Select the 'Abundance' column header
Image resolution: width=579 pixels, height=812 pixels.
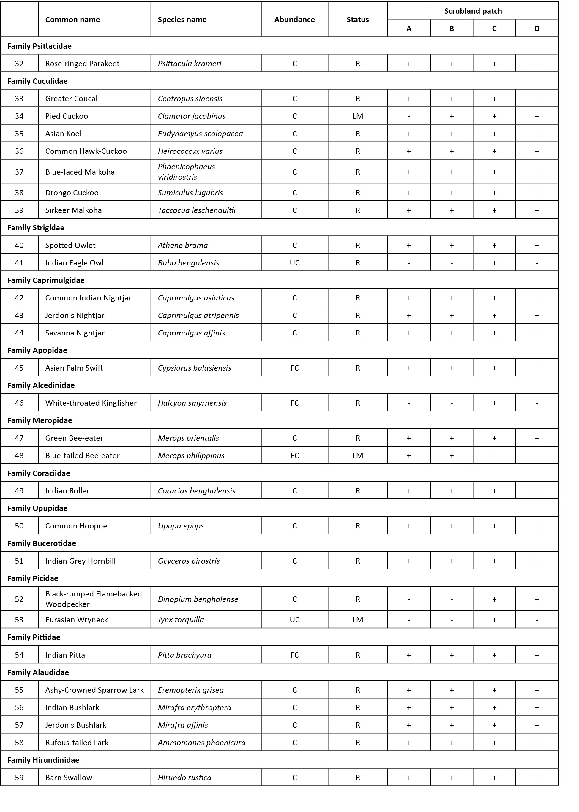pos(294,20)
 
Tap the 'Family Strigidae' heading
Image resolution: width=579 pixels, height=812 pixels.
pos(36,228)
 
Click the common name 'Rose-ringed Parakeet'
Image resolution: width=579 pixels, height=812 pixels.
pos(82,64)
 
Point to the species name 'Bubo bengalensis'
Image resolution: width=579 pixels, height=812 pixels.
pos(188,263)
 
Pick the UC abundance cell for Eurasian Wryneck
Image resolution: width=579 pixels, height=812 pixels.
pos(294,620)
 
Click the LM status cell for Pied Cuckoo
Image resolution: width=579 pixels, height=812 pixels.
pos(358,116)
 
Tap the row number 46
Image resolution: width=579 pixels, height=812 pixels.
pos(19,403)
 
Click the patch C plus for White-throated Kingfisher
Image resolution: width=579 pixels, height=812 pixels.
pos(494,403)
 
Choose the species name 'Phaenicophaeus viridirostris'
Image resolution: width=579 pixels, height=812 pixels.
pos(187,172)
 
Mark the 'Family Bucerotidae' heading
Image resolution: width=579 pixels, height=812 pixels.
pos(41,543)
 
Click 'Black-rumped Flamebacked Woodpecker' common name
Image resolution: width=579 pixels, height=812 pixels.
pos(93,599)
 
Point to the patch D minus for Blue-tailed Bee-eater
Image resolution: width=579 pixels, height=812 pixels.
pos(537,456)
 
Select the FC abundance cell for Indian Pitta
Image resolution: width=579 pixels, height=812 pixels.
pos(294,655)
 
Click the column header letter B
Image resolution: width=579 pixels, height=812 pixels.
pos(451,29)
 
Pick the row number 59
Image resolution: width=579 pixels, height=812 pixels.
pos(19,778)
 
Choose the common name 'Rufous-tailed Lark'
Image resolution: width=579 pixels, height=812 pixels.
pos(77,743)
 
